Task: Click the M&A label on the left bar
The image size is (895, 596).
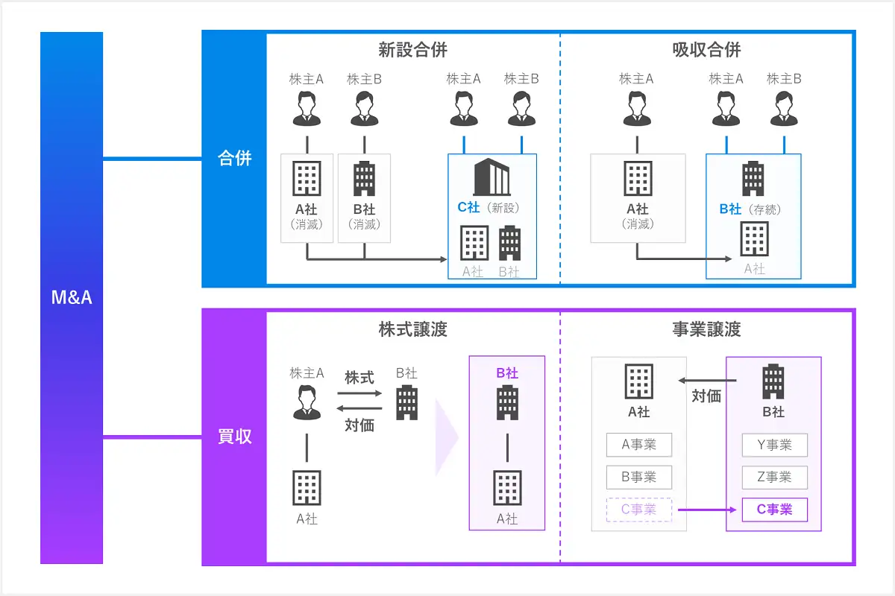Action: click(x=72, y=297)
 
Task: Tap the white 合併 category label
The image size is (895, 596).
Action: click(x=234, y=158)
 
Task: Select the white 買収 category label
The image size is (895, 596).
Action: click(x=234, y=437)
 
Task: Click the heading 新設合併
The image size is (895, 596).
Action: click(x=412, y=50)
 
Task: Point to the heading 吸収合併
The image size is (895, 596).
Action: click(x=706, y=50)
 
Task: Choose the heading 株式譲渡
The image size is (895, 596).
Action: click(x=412, y=329)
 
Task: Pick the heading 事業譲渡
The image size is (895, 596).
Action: click(x=706, y=329)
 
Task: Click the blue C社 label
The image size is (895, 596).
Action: click(x=468, y=207)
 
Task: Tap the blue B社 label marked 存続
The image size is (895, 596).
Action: click(x=730, y=209)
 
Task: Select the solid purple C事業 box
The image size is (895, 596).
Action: click(x=775, y=510)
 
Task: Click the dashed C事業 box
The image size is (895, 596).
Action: click(x=639, y=510)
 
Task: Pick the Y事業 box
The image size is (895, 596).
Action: click(x=775, y=445)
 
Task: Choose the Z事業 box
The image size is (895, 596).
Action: click(x=775, y=477)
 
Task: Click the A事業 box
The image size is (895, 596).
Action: click(x=639, y=445)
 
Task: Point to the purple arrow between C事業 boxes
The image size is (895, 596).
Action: click(x=707, y=510)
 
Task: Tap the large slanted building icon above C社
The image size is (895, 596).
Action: click(x=492, y=177)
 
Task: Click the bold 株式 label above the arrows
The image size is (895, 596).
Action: click(x=359, y=377)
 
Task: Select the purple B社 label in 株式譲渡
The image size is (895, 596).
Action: click(x=507, y=372)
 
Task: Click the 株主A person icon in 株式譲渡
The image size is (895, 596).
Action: click(x=307, y=402)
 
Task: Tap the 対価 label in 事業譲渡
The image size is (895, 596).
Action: click(x=706, y=396)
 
